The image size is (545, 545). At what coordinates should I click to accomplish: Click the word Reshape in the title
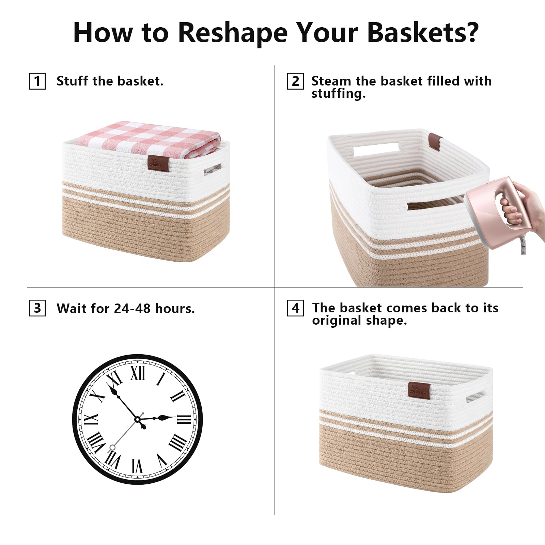click(x=233, y=33)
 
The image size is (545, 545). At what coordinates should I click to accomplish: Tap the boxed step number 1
click(x=37, y=81)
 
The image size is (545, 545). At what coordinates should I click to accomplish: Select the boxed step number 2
click(x=295, y=81)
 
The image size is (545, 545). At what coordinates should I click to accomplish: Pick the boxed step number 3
click(x=37, y=308)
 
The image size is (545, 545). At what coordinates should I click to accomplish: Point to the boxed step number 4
click(x=295, y=308)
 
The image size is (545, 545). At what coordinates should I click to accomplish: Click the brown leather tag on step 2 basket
click(x=436, y=141)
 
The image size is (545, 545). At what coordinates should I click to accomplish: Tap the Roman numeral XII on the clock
click(x=138, y=373)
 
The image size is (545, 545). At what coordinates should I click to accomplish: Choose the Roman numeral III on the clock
click(x=184, y=419)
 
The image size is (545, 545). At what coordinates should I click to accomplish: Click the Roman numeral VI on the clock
click(x=137, y=466)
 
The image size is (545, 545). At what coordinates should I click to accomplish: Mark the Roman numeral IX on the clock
click(x=91, y=419)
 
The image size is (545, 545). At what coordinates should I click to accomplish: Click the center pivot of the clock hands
click(x=138, y=419)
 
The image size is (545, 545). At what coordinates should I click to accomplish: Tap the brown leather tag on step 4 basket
click(x=419, y=390)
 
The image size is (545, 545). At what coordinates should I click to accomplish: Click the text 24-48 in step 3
click(x=132, y=308)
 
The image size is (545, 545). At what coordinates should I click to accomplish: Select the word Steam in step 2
click(x=331, y=81)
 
